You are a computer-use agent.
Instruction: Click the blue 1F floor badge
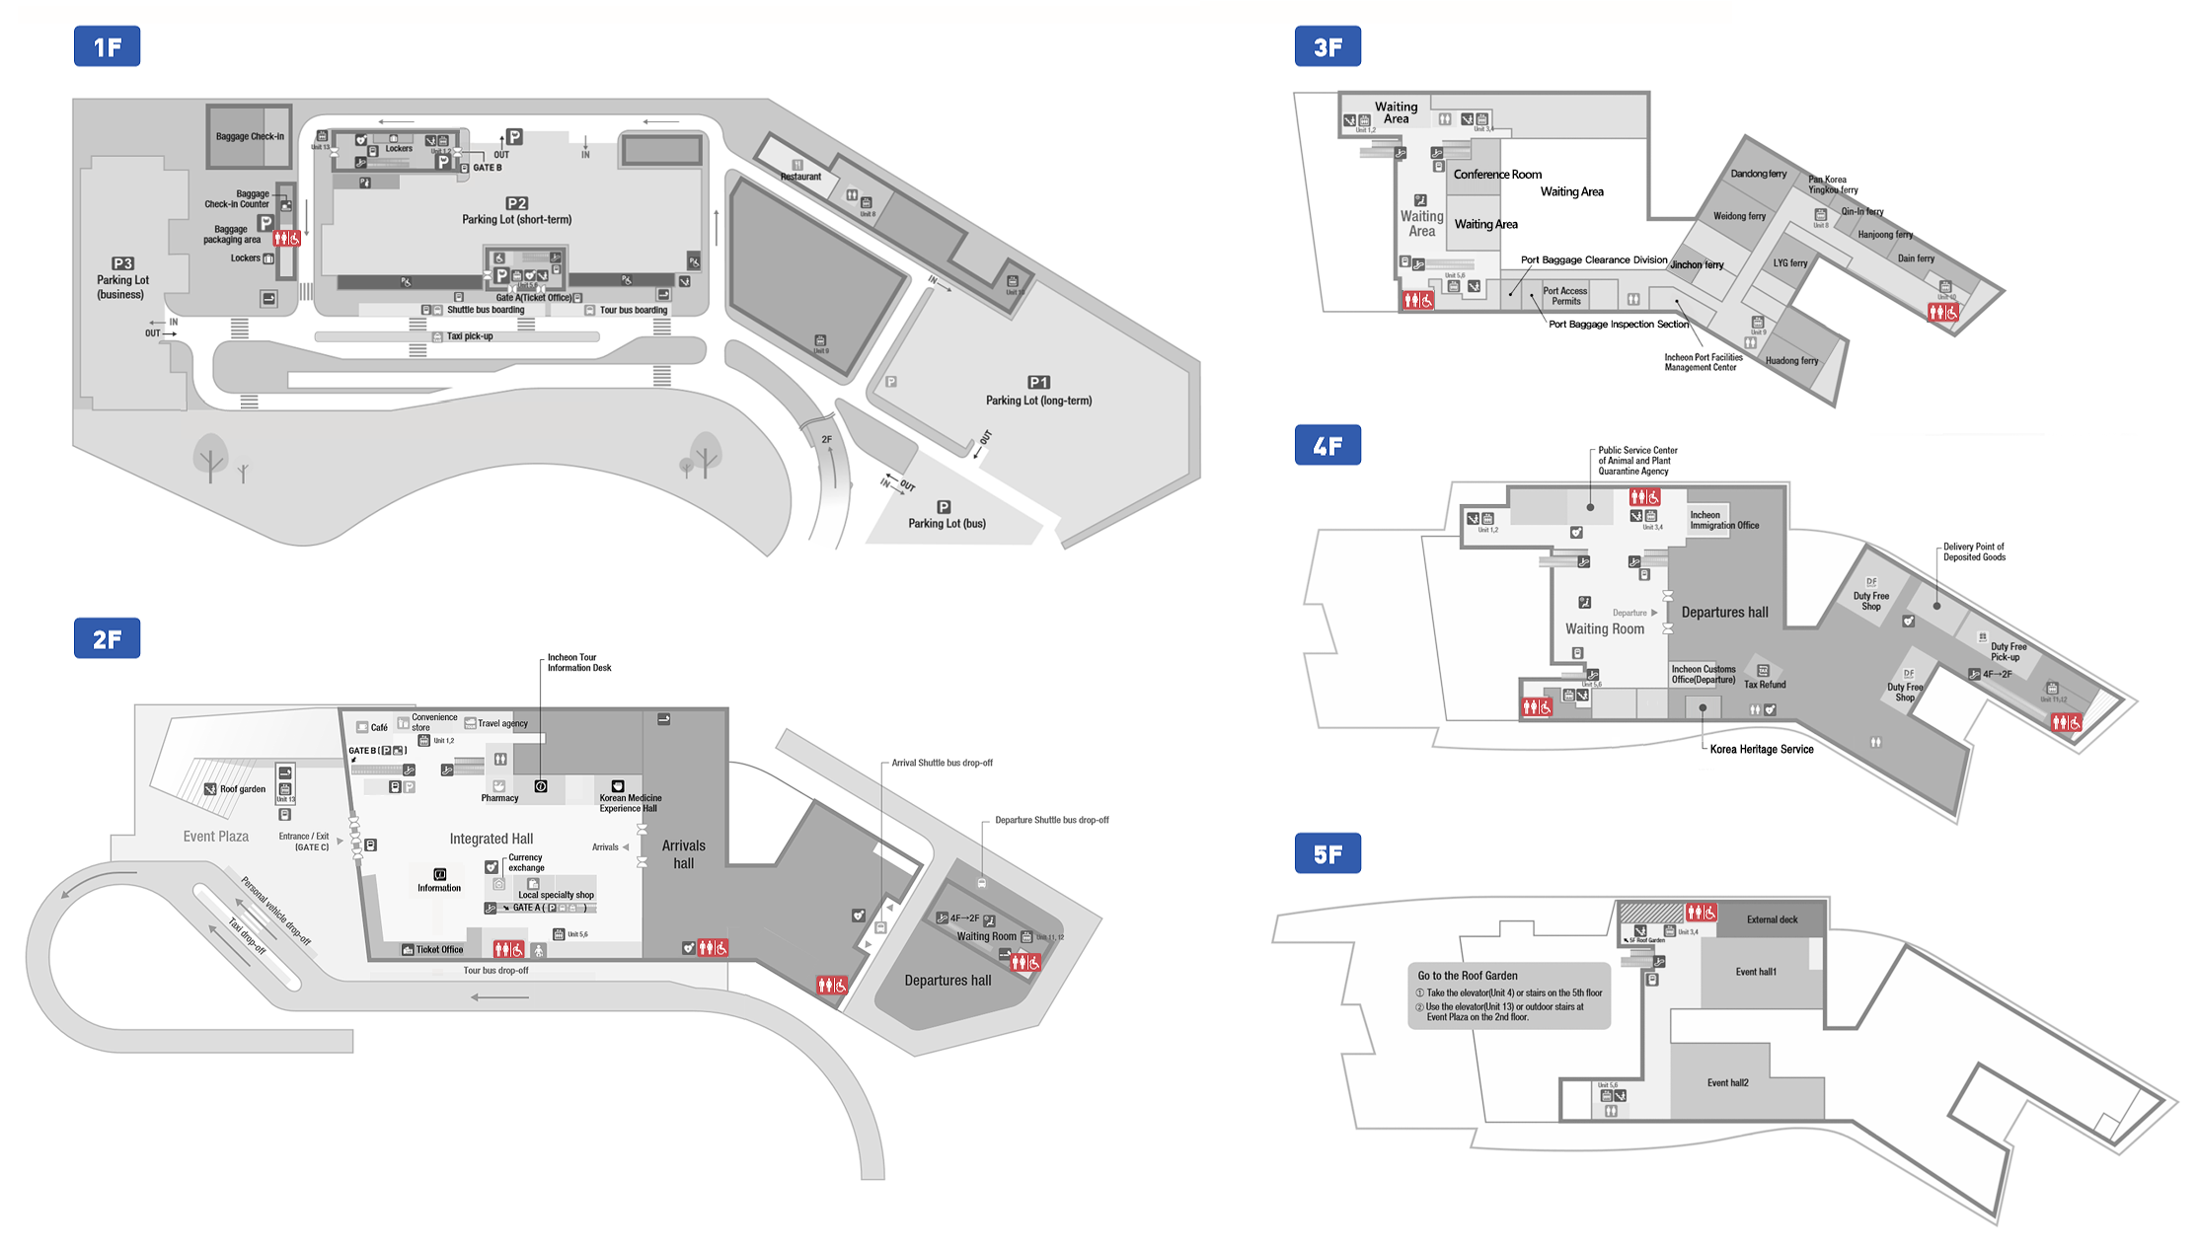pos(107,46)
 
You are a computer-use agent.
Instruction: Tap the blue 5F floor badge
pos(1327,853)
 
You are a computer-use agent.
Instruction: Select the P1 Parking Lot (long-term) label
pos(1038,392)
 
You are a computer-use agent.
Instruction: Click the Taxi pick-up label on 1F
pos(469,336)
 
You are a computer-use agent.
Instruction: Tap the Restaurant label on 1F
pos(800,177)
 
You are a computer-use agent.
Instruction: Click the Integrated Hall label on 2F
pos(491,839)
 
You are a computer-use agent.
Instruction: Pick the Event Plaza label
pos(215,837)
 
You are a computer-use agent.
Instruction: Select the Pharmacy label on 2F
pos(499,798)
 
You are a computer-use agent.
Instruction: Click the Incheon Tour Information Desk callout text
pos(579,663)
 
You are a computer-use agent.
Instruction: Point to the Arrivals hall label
pos(683,854)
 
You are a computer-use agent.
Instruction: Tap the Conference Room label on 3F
pos(1497,175)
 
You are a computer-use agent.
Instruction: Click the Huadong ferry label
pos(1791,361)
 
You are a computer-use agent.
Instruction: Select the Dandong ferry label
pos(1758,174)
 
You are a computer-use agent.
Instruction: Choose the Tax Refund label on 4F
pos(1765,685)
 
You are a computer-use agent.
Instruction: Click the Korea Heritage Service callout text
pos(1762,750)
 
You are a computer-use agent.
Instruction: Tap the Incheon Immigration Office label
pos(1723,520)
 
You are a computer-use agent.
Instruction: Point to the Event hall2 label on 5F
pos(1727,1083)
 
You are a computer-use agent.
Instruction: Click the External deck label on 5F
pos(1772,919)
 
